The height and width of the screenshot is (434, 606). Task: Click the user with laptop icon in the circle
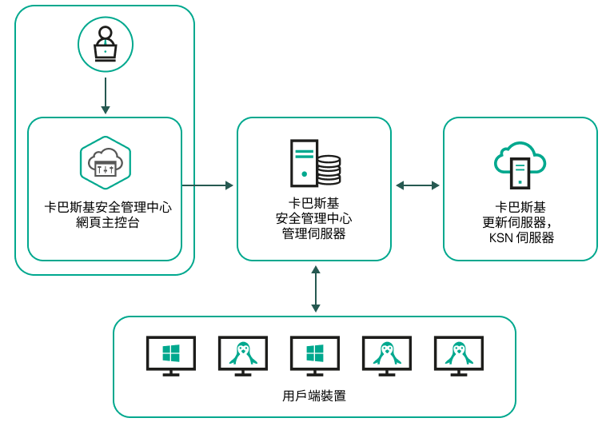(106, 45)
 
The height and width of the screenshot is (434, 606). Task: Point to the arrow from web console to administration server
(207, 185)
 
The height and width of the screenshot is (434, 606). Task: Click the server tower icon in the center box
(304, 163)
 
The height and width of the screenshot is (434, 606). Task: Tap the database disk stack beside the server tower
(329, 170)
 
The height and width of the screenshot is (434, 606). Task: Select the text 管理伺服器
(314, 233)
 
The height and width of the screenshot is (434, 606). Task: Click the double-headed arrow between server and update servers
(417, 185)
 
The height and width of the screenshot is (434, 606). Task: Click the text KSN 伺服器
(521, 237)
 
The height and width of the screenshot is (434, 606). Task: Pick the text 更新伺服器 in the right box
(520, 222)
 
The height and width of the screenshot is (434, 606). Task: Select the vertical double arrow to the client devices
(316, 289)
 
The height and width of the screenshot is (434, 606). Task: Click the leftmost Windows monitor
(171, 355)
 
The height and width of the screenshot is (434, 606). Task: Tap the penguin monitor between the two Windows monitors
(243, 355)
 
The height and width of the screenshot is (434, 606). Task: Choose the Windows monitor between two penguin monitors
(315, 355)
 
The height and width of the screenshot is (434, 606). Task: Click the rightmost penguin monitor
(459, 355)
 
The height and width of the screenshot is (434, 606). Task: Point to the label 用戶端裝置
(314, 396)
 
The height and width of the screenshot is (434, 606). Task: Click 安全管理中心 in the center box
(314, 218)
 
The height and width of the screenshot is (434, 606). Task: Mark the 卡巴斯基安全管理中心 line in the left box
(107, 208)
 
